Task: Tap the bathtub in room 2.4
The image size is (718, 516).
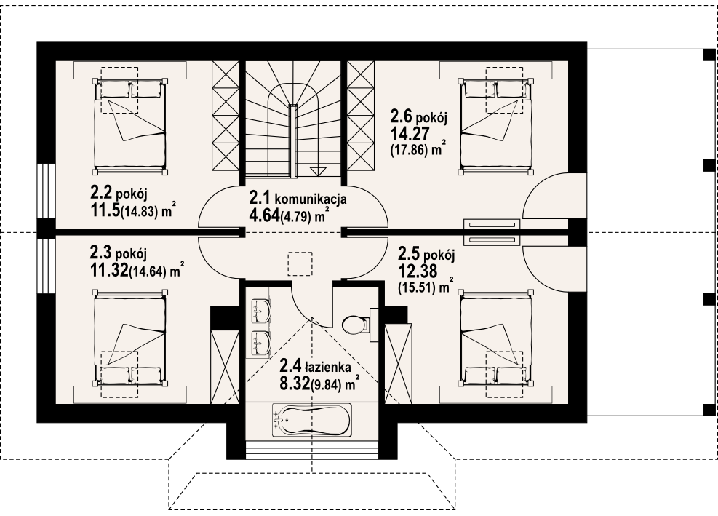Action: (312, 420)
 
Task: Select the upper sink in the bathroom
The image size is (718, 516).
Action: (261, 311)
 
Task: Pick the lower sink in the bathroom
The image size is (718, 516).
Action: (261, 342)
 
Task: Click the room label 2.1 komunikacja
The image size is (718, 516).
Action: (298, 199)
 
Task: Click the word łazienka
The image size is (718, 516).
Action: (328, 366)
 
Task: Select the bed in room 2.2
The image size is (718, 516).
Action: (129, 126)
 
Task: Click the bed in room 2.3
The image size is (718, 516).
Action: (129, 338)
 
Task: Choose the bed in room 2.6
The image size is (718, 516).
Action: (496, 126)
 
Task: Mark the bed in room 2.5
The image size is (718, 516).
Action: (496, 338)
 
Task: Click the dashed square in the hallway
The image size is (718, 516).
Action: (300, 263)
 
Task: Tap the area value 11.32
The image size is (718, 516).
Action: (109, 271)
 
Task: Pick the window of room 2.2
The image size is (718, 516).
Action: (47, 191)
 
